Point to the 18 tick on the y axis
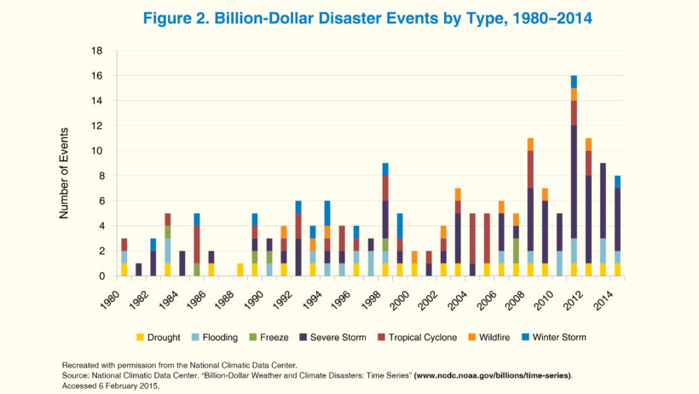point(98,51)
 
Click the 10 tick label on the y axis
point(98,151)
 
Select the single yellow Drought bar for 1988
point(240,269)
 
